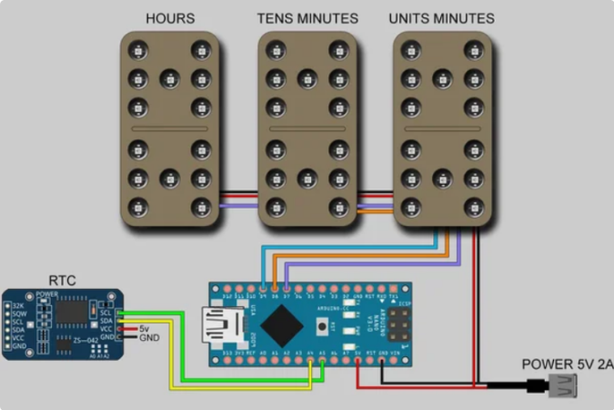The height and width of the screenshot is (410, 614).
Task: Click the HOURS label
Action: click(170, 18)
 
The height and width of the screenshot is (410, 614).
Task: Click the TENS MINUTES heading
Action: click(307, 18)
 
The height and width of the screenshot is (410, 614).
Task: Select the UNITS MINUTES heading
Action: click(441, 18)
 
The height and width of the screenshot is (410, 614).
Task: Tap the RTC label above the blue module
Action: click(62, 279)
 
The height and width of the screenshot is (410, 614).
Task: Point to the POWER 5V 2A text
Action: click(567, 364)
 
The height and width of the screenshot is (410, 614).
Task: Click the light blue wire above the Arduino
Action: click(346, 246)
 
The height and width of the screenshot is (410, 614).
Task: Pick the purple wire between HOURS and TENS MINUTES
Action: click(239, 207)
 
